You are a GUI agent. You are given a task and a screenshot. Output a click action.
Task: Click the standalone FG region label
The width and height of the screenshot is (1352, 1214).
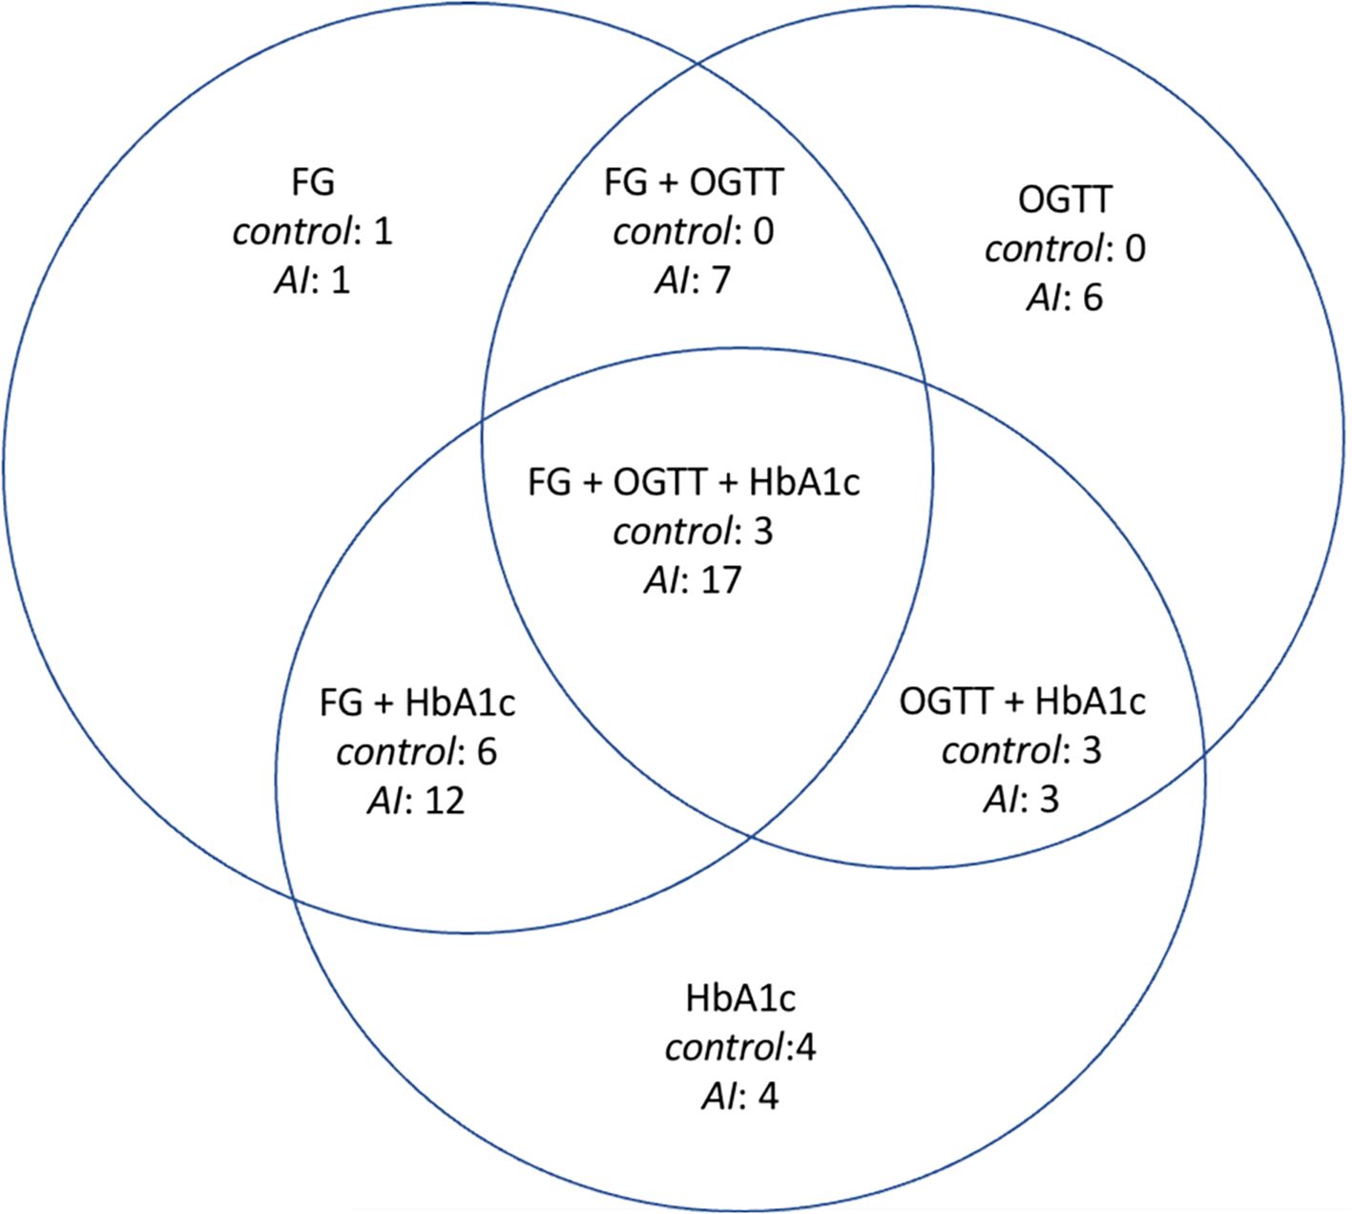312,182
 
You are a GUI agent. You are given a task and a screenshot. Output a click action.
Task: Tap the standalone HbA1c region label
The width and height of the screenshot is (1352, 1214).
739,998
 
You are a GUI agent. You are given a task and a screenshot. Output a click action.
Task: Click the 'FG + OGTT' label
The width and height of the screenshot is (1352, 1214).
693,182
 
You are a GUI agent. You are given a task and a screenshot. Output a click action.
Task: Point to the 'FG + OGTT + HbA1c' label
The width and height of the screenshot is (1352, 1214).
693,482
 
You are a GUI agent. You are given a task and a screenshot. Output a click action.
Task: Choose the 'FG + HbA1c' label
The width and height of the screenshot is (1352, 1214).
417,703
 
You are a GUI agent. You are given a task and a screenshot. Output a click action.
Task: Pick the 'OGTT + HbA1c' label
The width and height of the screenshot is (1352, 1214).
1022,701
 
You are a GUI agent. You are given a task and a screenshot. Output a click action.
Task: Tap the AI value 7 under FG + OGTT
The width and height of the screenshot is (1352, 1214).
719,281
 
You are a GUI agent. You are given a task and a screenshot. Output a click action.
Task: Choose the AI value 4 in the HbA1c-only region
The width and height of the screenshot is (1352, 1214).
767,1097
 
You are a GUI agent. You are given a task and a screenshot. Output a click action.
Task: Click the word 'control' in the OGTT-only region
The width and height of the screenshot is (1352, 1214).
1043,249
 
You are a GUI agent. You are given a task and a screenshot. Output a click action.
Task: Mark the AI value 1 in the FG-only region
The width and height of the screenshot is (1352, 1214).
341,282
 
